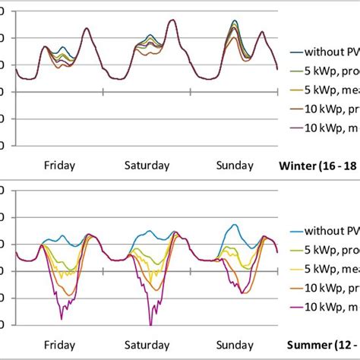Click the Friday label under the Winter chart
point(60,165)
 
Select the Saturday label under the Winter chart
point(147,165)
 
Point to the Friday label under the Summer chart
point(60,344)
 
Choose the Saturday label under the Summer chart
point(147,344)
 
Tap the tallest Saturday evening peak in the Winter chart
point(172,21)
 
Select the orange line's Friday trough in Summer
point(68,294)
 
